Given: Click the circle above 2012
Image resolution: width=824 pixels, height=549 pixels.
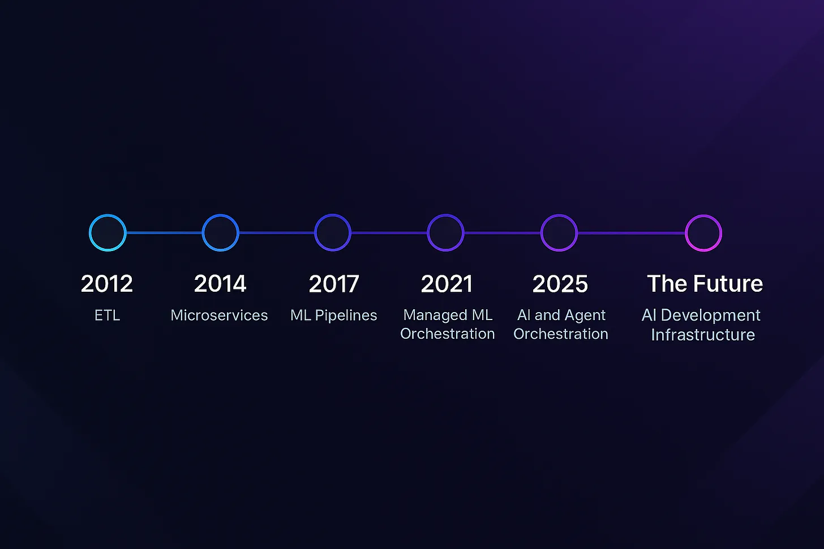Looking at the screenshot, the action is point(90,232).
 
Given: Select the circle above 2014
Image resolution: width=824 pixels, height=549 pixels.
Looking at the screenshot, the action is point(203,232).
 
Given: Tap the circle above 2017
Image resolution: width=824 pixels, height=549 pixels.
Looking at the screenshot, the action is point(315,232).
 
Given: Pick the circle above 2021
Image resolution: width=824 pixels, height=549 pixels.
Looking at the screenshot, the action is point(428,232).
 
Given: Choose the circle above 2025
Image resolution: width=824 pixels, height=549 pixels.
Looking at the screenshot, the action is point(542,232).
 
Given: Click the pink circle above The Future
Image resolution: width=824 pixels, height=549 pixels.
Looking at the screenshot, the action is point(686,233).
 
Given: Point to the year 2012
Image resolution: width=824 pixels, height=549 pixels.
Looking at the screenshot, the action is point(106,284).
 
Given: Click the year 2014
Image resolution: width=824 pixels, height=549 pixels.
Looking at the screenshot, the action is point(220,284).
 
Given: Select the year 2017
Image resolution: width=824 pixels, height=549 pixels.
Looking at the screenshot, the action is point(334,284).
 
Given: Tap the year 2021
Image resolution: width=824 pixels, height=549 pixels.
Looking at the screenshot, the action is point(447,284).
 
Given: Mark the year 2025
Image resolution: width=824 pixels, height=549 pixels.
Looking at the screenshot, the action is point(560,284).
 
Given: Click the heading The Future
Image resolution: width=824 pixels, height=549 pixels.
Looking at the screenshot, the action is point(705,284).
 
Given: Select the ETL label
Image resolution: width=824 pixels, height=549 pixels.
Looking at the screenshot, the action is point(108,315).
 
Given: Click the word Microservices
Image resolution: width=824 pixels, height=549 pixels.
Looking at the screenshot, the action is point(219,315).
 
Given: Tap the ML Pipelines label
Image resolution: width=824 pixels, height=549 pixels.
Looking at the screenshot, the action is point(334,315).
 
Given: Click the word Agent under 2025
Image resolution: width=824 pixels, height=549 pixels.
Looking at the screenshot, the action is point(585,315).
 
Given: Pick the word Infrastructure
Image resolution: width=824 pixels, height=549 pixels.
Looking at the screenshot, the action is point(703,335).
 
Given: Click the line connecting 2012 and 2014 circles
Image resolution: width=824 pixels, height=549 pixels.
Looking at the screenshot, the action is point(164,232).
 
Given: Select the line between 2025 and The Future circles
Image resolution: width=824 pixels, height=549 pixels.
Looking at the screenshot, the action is point(631,233).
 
